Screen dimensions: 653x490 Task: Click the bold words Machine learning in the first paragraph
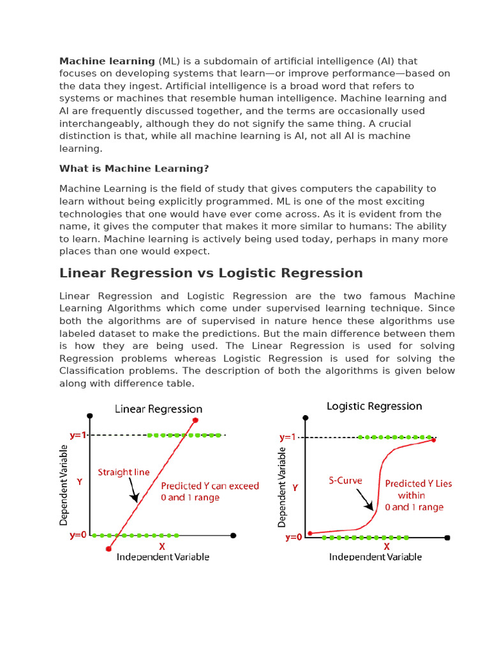(107, 61)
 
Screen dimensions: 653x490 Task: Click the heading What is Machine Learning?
(134, 168)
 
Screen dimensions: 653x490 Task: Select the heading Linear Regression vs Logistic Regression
(211, 273)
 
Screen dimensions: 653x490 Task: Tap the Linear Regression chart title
(158, 409)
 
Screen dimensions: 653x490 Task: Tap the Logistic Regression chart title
(374, 406)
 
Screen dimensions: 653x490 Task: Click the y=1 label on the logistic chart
(288, 437)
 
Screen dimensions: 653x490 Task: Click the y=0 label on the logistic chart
(293, 538)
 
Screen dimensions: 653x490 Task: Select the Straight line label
(123, 473)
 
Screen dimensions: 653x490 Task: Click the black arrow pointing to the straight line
(133, 491)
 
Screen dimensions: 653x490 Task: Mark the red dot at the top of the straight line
(195, 420)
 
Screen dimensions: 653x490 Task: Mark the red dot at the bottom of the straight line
(108, 548)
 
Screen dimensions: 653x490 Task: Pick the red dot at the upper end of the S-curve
(434, 439)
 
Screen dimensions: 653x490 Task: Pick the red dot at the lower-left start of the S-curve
(310, 533)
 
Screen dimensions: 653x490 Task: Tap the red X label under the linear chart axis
(162, 547)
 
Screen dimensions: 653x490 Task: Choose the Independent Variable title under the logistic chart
(375, 557)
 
